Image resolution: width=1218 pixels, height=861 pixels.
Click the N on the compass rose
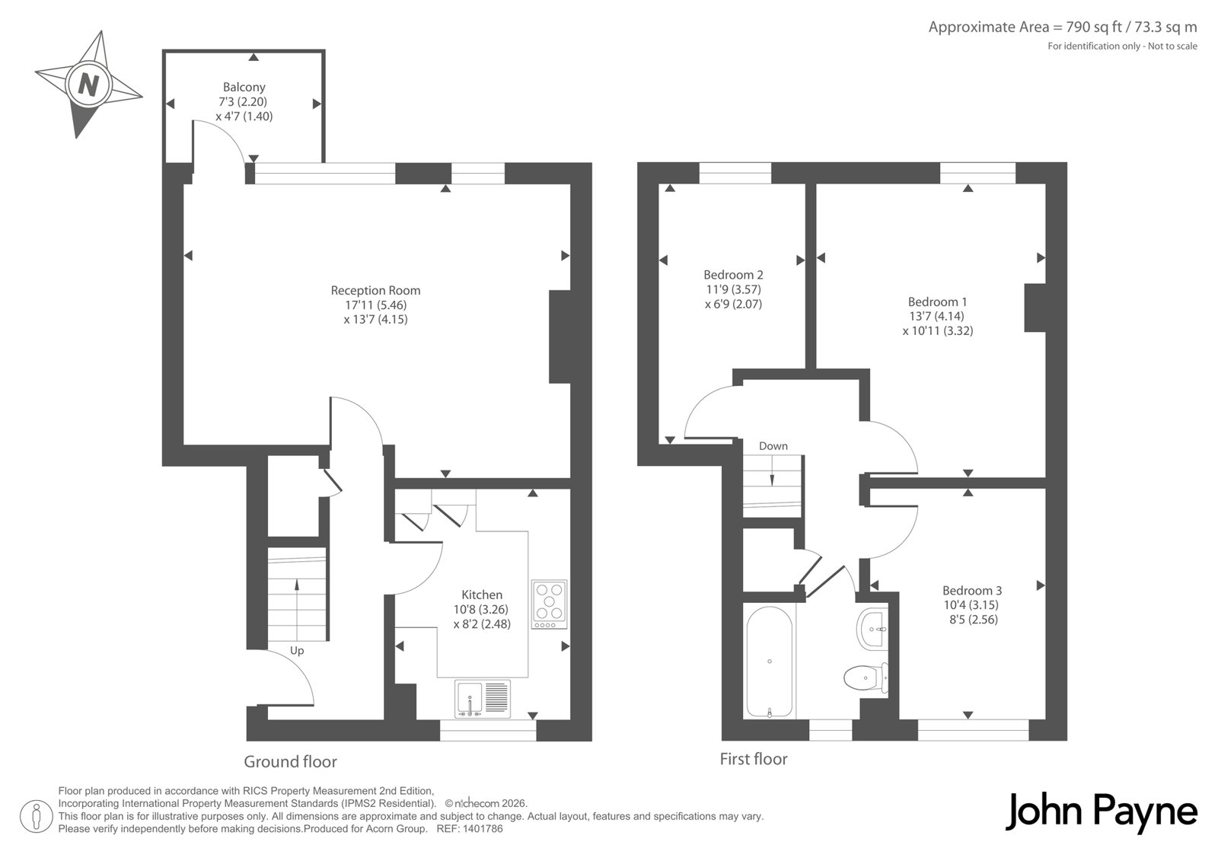88,85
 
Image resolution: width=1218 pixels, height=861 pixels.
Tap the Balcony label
244,87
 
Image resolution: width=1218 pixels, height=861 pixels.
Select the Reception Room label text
376,291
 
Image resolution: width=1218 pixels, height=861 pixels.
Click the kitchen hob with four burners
549,604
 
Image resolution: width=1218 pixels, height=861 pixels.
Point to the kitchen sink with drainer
483,699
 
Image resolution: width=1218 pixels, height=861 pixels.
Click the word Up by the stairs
297,651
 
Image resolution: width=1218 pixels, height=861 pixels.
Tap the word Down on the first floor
773,446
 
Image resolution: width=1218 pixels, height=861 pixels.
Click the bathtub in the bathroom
770,662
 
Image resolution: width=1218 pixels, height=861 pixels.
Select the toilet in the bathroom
866,678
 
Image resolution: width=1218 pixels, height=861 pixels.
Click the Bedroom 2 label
734,275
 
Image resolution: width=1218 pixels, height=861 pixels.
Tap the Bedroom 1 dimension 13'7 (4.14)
937,316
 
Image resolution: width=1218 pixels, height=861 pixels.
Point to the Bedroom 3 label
972,590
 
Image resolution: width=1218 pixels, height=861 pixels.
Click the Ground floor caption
290,761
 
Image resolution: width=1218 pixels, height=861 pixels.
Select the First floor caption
754,759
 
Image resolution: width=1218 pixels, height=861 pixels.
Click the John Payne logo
1101,813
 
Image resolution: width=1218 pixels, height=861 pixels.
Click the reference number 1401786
483,829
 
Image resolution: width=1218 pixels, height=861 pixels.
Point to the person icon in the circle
37,816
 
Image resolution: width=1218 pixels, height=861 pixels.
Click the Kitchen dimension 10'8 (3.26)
481,609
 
